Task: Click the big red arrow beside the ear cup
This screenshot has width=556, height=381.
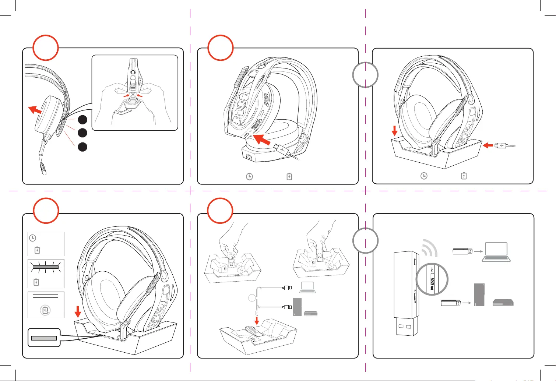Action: (35, 109)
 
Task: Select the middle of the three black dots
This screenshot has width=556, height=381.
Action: (82, 133)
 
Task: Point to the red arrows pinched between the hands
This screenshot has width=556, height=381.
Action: (133, 96)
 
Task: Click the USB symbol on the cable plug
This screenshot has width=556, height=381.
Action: (282, 150)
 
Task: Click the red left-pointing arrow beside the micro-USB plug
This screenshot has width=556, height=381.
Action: (488, 145)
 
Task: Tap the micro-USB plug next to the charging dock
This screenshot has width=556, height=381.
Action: (501, 145)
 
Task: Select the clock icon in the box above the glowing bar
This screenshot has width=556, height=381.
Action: (33, 238)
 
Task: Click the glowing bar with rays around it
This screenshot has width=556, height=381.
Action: (46, 267)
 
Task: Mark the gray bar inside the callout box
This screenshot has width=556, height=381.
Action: (44, 338)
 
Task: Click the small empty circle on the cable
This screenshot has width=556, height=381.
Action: (251, 298)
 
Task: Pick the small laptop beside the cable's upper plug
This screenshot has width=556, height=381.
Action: (307, 287)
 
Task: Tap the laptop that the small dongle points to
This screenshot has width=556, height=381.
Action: (496, 252)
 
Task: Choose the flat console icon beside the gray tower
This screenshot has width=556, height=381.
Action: (503, 303)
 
